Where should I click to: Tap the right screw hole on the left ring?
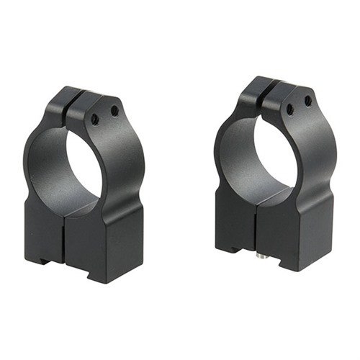[114, 110]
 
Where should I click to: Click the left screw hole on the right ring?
[289, 109]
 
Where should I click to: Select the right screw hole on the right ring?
[308, 102]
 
